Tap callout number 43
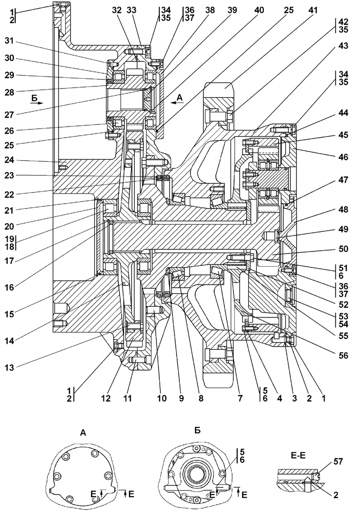(x=343, y=46)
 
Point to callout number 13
(x=9, y=367)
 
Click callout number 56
(x=343, y=355)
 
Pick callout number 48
(x=343, y=209)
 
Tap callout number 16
(x=9, y=287)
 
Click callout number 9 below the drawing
(x=181, y=398)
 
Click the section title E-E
(x=298, y=456)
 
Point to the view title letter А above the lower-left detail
(x=83, y=433)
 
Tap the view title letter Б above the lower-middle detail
(x=197, y=431)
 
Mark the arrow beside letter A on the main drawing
(x=176, y=102)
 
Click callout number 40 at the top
(x=259, y=10)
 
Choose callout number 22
(x=10, y=194)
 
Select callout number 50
(x=343, y=249)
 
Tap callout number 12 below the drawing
(x=106, y=398)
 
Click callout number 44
(x=343, y=113)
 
